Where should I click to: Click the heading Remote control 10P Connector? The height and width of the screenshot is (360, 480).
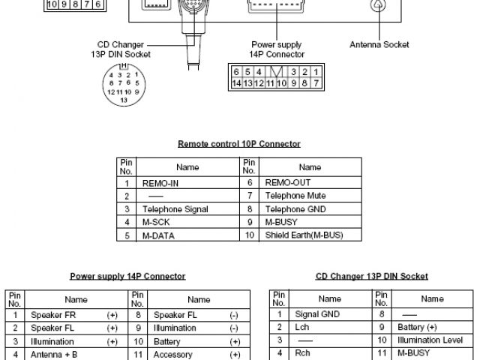(238, 143)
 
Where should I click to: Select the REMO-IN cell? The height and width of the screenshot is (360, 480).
(160, 182)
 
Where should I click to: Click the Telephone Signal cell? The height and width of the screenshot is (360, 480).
(175, 209)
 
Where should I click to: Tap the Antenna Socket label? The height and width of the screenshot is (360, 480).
(379, 45)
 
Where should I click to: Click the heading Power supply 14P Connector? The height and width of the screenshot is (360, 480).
(127, 276)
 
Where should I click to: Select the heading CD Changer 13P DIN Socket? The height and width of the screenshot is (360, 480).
(372, 276)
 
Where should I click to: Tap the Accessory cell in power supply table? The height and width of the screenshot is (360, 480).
(173, 355)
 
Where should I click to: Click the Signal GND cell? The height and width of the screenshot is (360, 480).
(318, 315)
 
